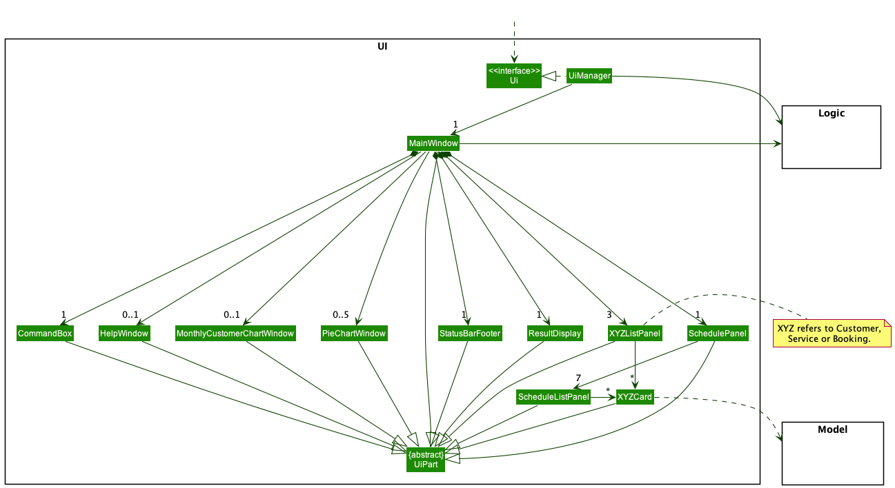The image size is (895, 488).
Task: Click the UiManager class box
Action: point(589,76)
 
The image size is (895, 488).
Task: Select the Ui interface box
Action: point(514,76)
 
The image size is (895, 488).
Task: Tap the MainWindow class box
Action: point(433,143)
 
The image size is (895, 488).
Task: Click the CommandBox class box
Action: point(45,334)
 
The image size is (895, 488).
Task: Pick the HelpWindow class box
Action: point(124,334)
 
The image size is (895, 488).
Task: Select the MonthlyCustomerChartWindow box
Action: point(235,334)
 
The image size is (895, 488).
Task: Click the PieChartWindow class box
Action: point(354,334)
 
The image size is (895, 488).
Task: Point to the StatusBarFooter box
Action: point(470,334)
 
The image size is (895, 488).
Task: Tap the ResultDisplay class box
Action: point(555,334)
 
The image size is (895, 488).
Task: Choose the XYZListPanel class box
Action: point(635,334)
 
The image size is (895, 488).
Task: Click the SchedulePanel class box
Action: point(718,334)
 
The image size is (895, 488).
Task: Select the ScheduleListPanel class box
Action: point(553,397)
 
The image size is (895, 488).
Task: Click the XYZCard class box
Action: point(635,397)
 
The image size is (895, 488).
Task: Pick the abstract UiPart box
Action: point(426,460)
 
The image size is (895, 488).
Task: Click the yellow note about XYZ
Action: point(832,334)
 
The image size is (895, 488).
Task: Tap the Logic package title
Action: point(832,113)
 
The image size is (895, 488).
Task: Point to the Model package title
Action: point(832,429)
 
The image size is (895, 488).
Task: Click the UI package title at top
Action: point(382,46)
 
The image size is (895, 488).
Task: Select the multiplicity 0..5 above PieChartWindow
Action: point(340,315)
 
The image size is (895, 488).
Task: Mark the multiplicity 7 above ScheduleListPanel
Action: point(578,378)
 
